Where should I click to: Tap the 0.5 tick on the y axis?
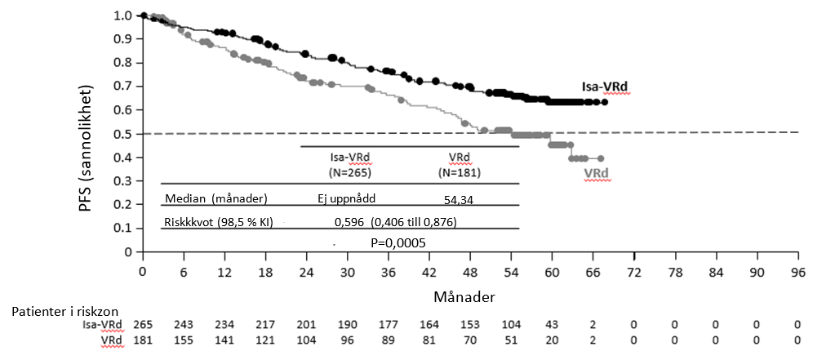123,134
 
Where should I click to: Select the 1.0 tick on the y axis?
123,16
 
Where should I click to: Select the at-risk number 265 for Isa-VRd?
142,325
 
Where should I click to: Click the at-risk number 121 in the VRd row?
264,339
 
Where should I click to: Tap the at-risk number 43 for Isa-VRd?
552,325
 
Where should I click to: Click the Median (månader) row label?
216,198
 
